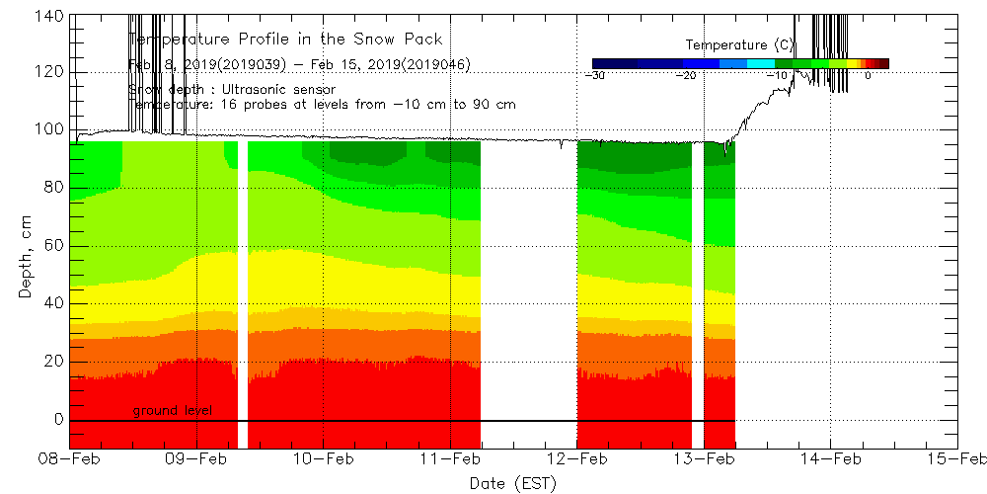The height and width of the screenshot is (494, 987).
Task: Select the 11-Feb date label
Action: tap(451, 458)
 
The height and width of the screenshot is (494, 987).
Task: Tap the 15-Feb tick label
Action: tap(956, 458)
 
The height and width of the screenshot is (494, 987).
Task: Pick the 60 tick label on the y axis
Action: tap(55, 245)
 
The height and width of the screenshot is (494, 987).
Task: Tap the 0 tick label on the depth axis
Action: tap(59, 419)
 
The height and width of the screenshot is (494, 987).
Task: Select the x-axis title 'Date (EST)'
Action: tap(513, 482)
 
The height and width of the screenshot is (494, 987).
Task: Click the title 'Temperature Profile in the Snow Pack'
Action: tap(286, 40)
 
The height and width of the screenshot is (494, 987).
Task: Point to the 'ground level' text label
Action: tap(172, 410)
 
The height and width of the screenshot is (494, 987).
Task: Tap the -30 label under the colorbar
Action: tap(595, 75)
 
